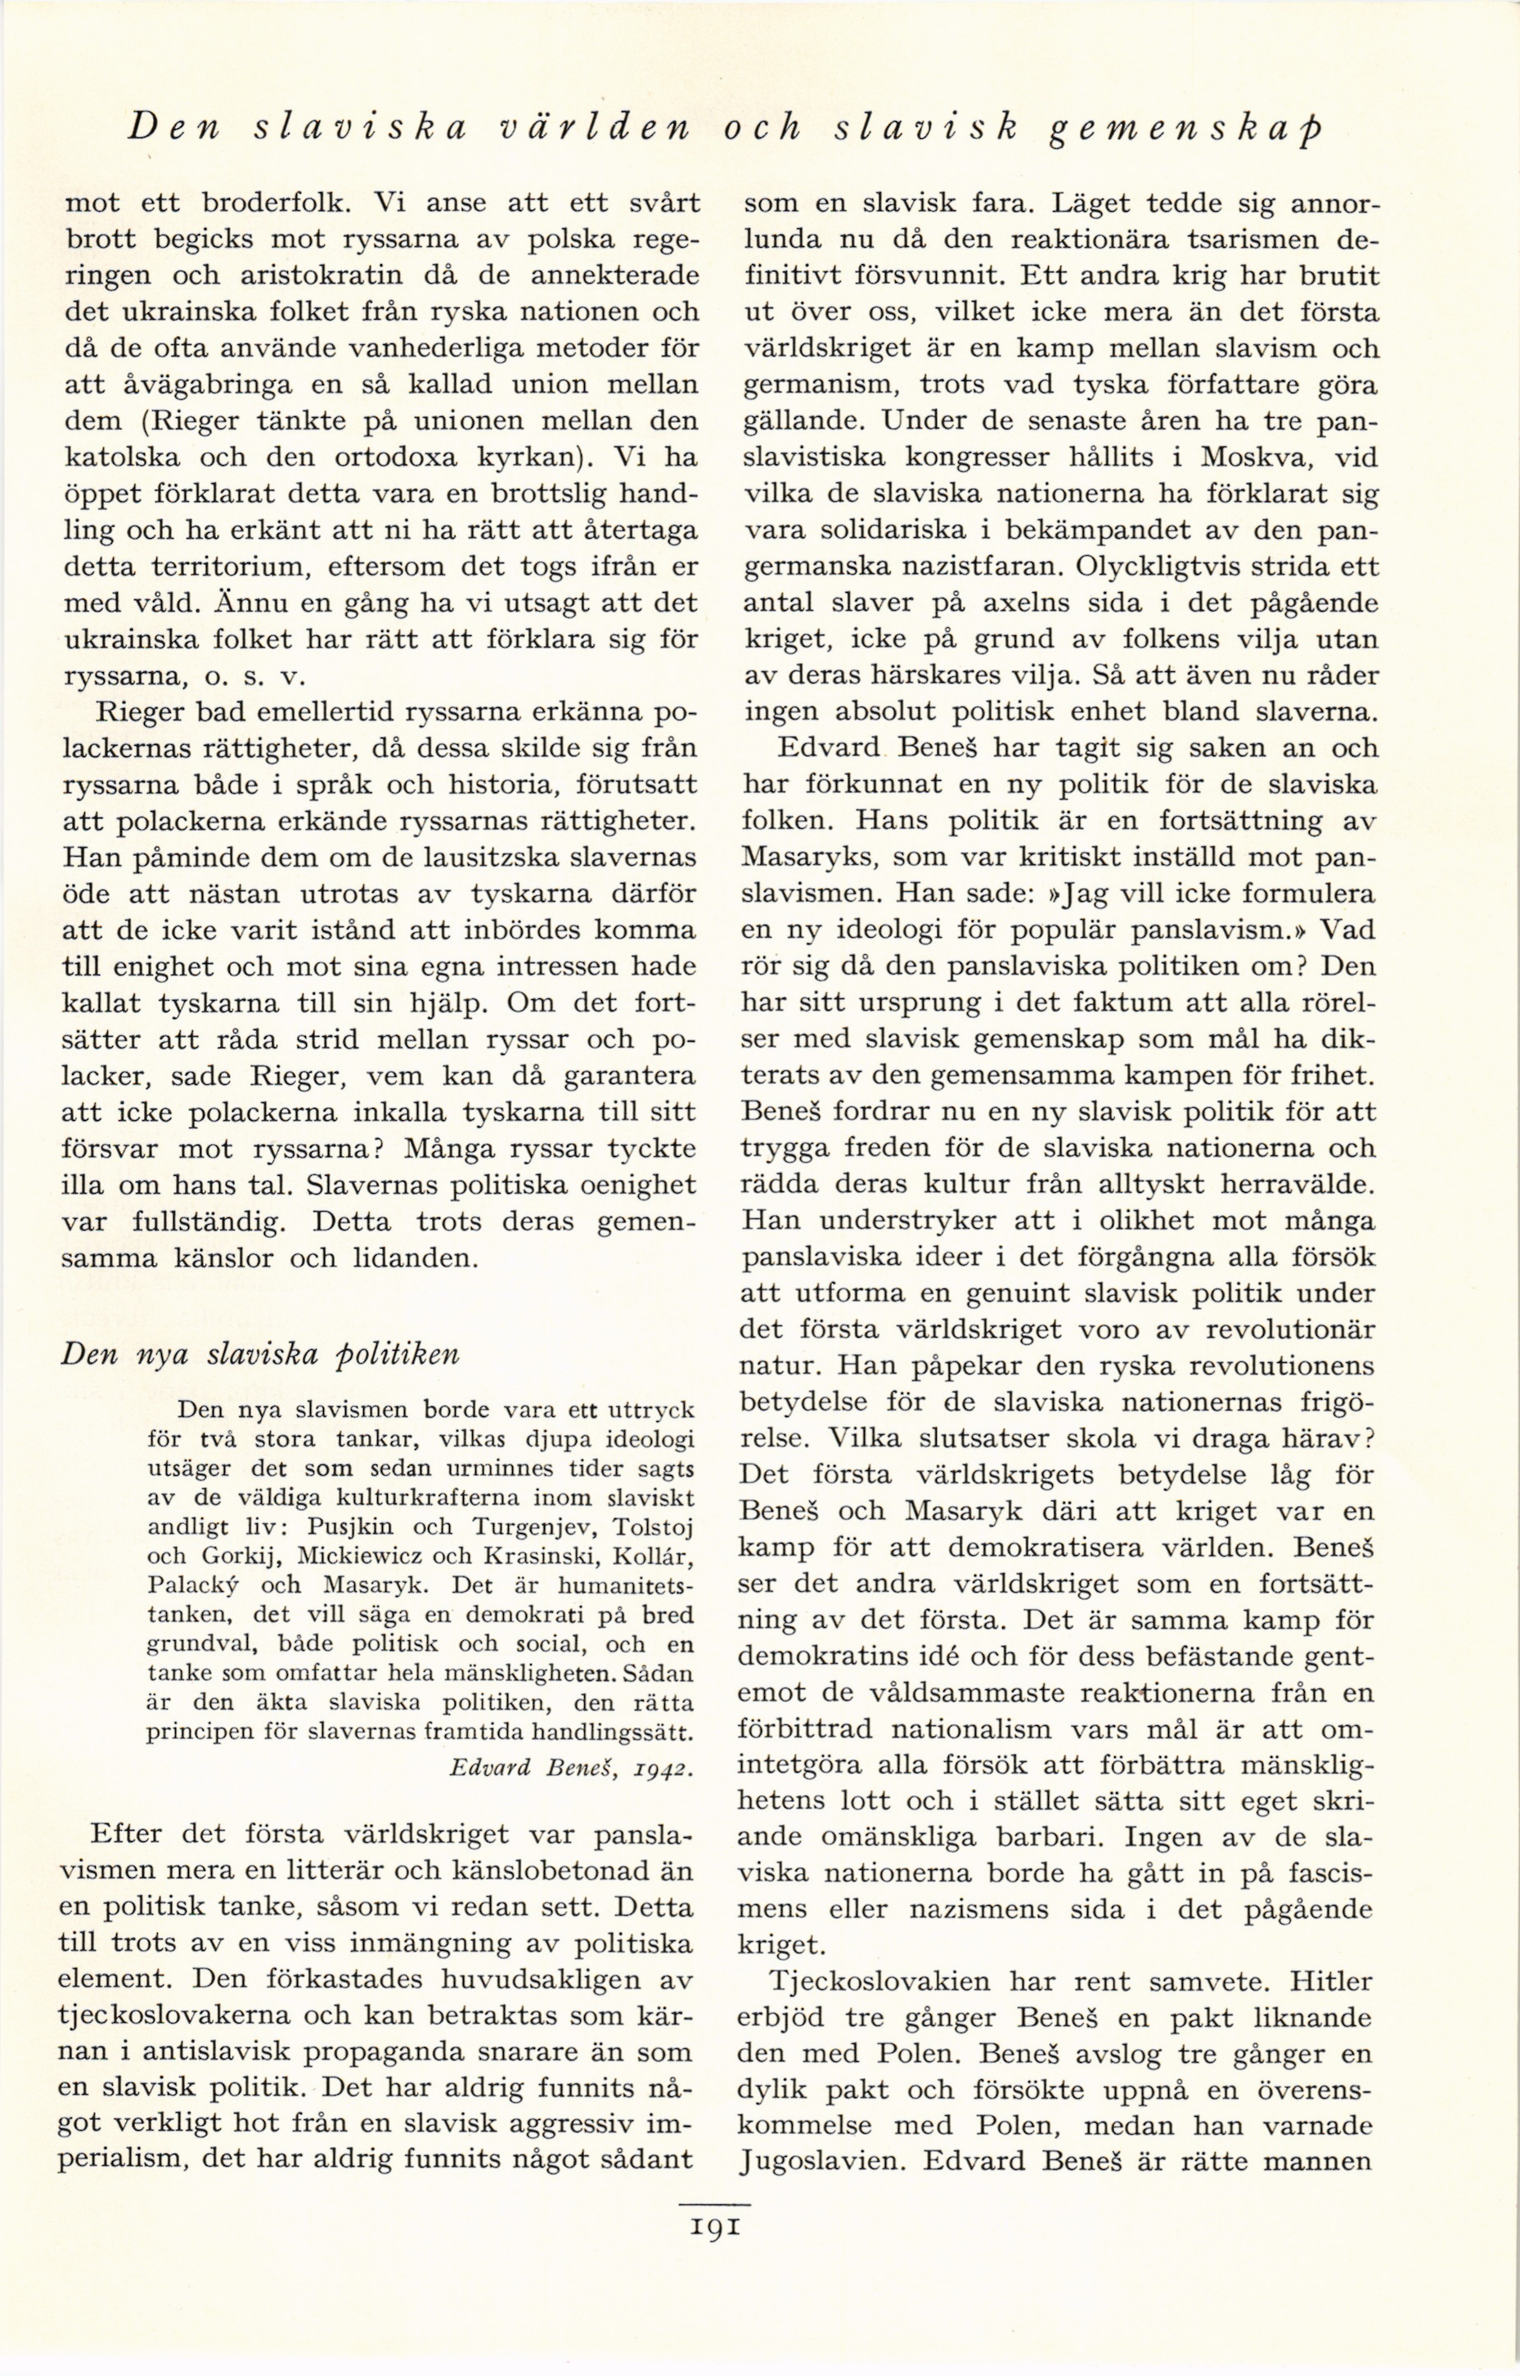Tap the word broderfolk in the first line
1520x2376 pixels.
click(272, 204)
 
